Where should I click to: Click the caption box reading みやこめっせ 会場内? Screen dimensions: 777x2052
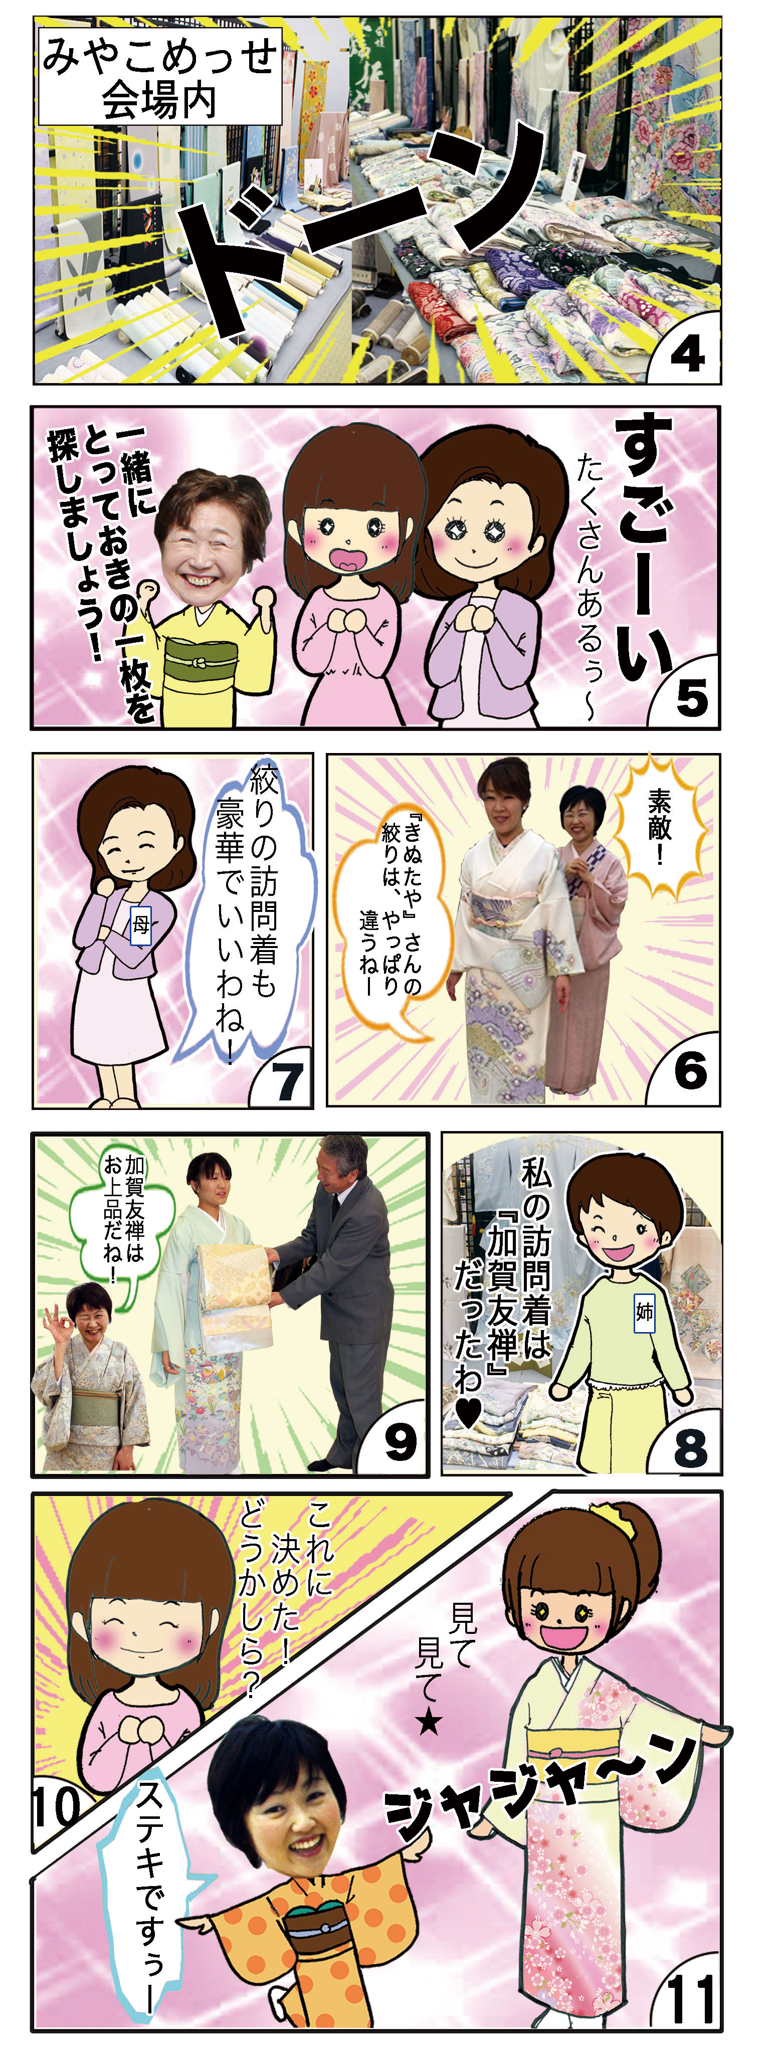coord(160,78)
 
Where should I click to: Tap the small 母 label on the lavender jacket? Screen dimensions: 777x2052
coord(141,924)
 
